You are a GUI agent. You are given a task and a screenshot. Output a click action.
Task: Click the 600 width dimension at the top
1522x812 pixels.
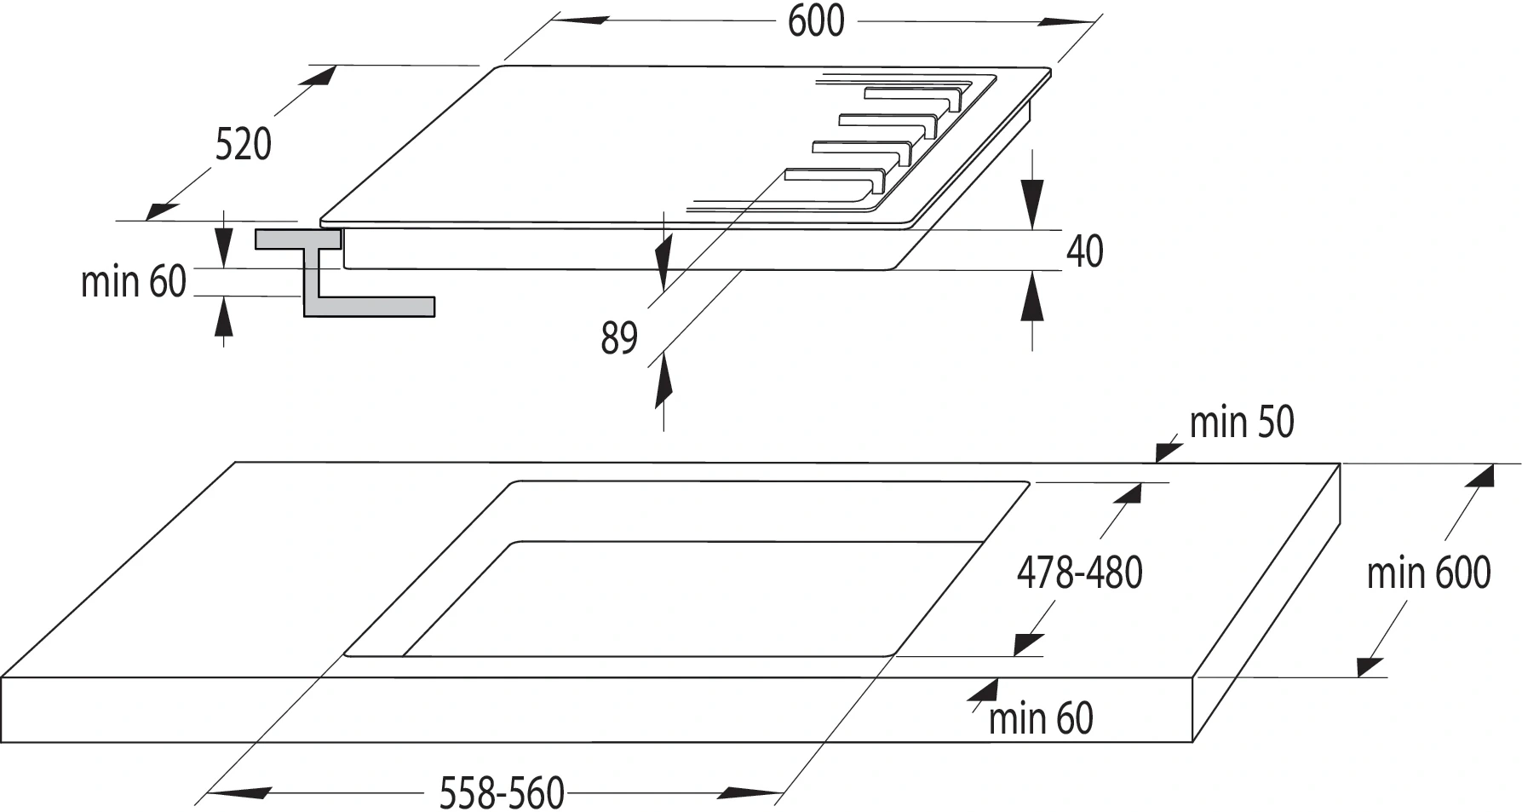click(x=815, y=20)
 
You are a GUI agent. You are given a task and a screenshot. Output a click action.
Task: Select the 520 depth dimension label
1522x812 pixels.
click(x=243, y=144)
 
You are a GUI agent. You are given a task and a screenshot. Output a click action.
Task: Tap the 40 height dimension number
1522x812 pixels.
click(x=1084, y=251)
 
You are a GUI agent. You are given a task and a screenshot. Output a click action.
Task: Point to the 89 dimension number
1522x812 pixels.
click(x=619, y=337)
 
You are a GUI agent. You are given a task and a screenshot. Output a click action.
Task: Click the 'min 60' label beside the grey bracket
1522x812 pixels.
click(x=133, y=281)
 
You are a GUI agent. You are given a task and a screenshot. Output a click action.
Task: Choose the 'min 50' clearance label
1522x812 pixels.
click(x=1241, y=422)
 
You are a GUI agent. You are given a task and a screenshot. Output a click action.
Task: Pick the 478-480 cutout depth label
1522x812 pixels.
click(x=1079, y=573)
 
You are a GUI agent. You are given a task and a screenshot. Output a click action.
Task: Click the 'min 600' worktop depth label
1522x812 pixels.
click(x=1428, y=573)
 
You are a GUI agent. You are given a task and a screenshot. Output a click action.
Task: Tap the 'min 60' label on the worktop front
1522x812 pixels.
click(x=1040, y=718)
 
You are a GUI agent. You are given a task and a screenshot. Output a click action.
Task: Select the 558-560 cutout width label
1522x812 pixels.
click(x=502, y=793)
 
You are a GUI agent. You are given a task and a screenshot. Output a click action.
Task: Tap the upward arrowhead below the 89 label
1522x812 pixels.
click(x=663, y=383)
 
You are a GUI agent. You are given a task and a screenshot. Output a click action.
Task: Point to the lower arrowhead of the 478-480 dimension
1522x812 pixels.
click(x=1027, y=644)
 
